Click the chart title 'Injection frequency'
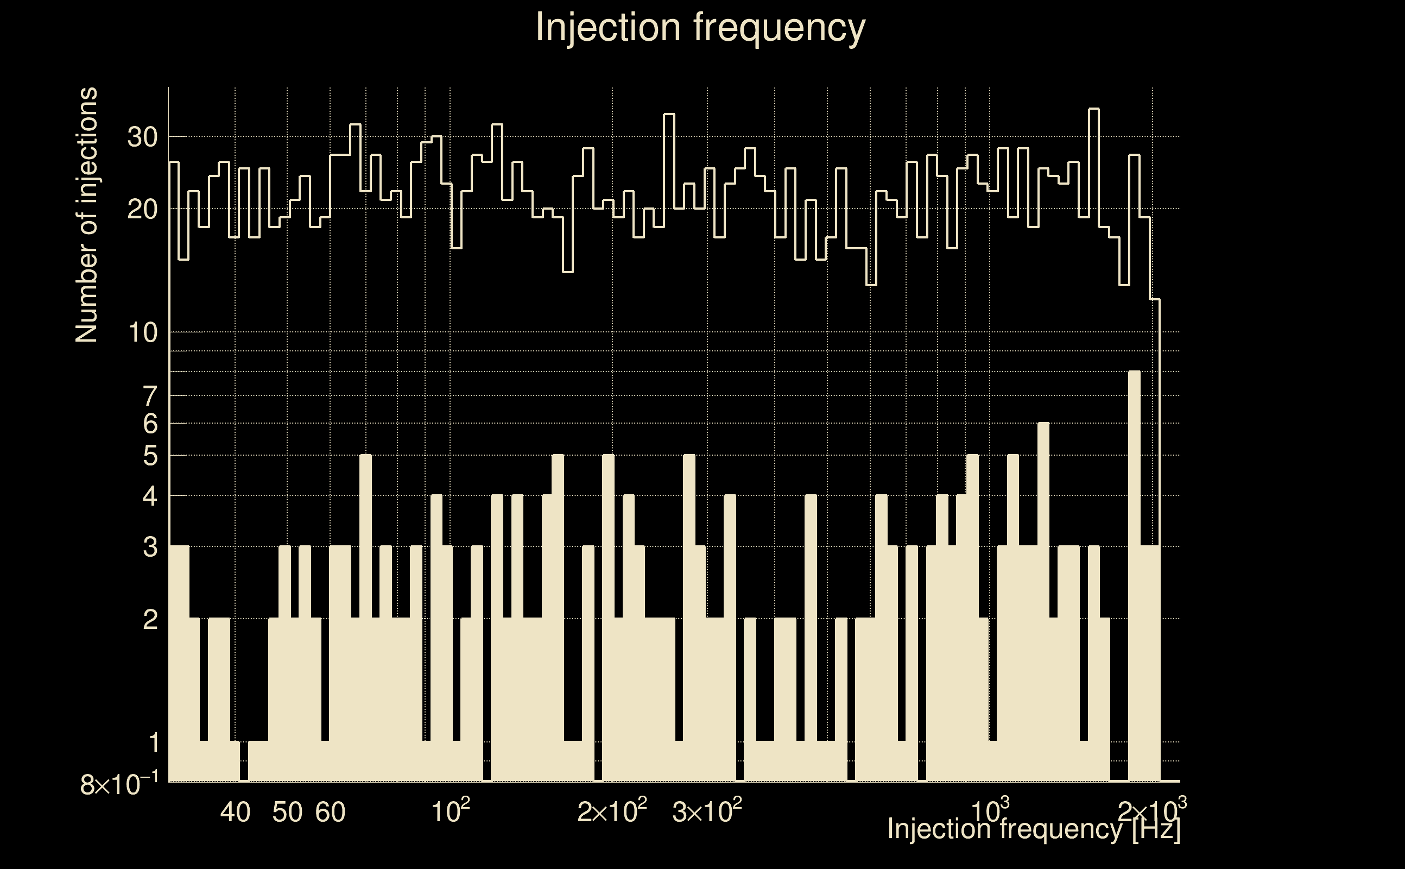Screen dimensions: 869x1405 pyautogui.click(x=700, y=27)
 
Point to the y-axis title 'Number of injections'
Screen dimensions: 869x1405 pyautogui.click(x=86, y=215)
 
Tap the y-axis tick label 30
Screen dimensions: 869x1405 pyautogui.click(x=142, y=137)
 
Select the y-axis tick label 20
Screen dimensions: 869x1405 pyautogui.click(x=142, y=210)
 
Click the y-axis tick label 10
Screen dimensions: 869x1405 pyautogui.click(x=142, y=333)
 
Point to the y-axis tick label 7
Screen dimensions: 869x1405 pyautogui.click(x=150, y=396)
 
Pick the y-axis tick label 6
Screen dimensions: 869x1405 pyautogui.click(x=150, y=424)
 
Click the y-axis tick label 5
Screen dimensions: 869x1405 pyautogui.click(x=150, y=456)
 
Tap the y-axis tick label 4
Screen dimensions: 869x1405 pyautogui.click(x=150, y=496)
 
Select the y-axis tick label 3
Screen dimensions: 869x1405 pyautogui.click(x=150, y=547)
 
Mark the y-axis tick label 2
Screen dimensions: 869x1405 pyautogui.click(x=150, y=620)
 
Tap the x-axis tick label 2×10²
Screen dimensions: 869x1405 pyautogui.click(x=612, y=810)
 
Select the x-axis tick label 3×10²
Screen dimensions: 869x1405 pyautogui.click(x=707, y=810)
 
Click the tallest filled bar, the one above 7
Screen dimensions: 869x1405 pyautogui.click(x=1135, y=575)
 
